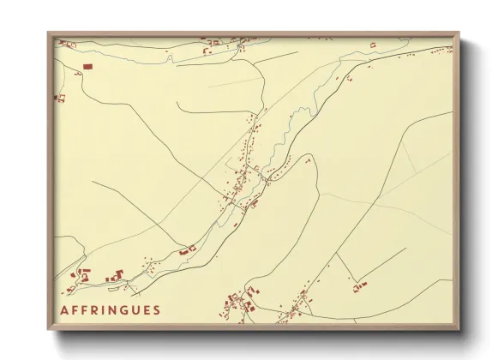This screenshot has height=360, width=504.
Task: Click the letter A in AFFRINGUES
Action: tap(65, 310)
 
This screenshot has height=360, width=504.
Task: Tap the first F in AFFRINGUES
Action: tap(76, 310)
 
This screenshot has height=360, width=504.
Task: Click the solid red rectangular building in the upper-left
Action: tap(87, 65)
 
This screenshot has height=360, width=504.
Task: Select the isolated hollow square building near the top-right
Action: tap(372, 44)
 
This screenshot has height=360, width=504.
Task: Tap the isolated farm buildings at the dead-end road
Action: tap(357, 287)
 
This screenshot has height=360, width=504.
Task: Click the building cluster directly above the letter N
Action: tap(115, 276)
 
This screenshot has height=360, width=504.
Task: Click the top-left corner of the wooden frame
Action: tap(48, 33)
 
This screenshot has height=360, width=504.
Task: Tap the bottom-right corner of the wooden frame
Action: tap(459, 330)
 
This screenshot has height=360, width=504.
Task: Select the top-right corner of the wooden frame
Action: tap(459, 33)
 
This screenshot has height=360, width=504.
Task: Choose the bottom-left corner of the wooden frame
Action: tap(48, 330)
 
